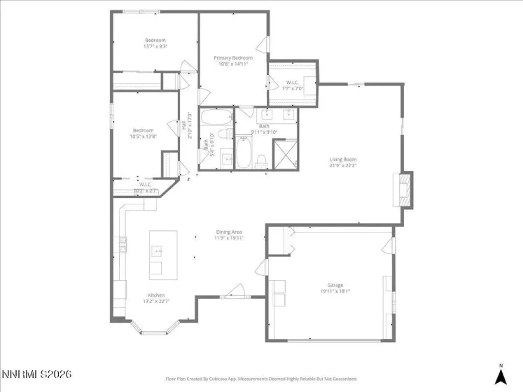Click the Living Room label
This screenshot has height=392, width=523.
coord(343,160)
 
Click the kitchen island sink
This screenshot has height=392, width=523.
coord(158,249)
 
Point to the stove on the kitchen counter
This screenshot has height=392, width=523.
coord(123,244)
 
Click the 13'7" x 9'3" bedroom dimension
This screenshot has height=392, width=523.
coord(155,47)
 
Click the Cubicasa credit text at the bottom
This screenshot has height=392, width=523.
coord(261,378)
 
